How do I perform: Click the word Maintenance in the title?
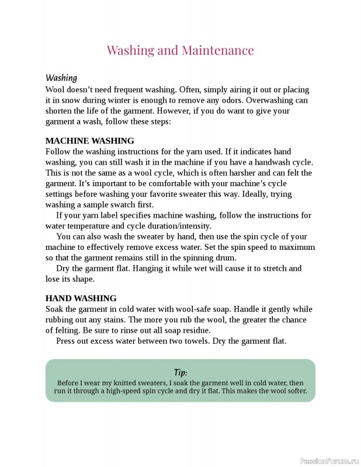[x=217, y=50]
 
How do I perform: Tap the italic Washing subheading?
[x=61, y=78]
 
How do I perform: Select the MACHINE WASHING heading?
[x=89, y=141]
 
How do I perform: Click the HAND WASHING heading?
[x=81, y=298]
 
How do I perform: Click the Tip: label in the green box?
[x=180, y=372]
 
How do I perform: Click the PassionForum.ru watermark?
[x=329, y=461]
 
